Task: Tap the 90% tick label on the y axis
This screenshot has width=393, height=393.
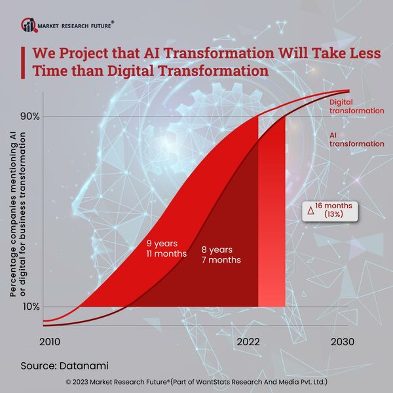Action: [x=31, y=117]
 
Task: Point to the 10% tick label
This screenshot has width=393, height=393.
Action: [x=31, y=307]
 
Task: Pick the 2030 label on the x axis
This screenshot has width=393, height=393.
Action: [x=342, y=342]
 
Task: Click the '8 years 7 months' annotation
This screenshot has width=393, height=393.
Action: [x=221, y=255]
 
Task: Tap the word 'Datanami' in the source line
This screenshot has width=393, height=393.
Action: [x=84, y=364]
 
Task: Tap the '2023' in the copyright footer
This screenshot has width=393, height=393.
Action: [x=84, y=381]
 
